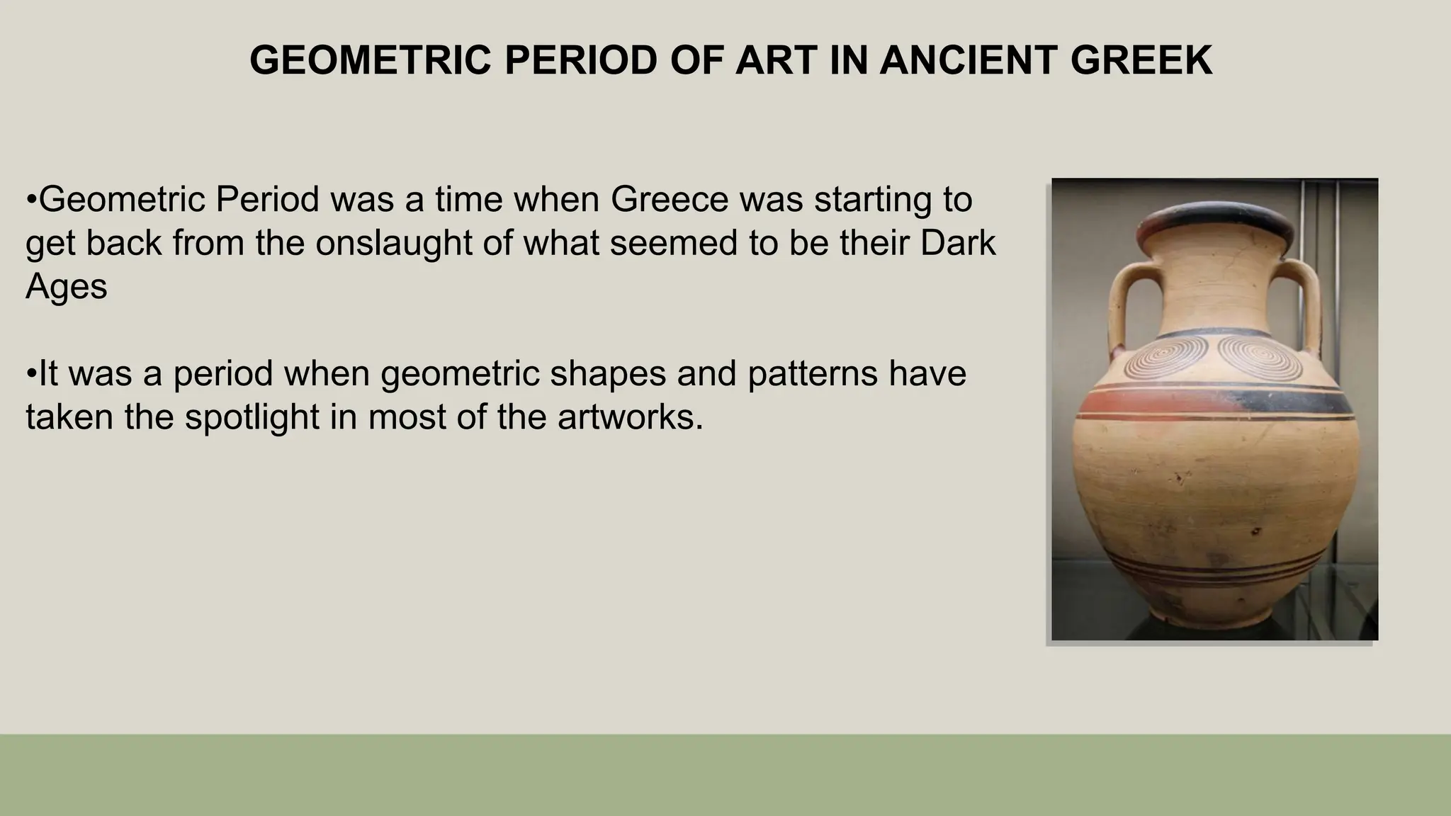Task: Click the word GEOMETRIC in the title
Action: pyautogui.click(x=371, y=60)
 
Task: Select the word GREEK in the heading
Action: pyautogui.click(x=1141, y=60)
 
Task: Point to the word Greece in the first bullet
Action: pyautogui.click(x=670, y=199)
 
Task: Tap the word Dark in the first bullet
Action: pyautogui.click(x=958, y=243)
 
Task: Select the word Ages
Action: pyautogui.click(x=66, y=286)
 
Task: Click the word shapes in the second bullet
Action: pyautogui.click(x=607, y=373)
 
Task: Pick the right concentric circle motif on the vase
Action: pyautogui.click(x=1260, y=356)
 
